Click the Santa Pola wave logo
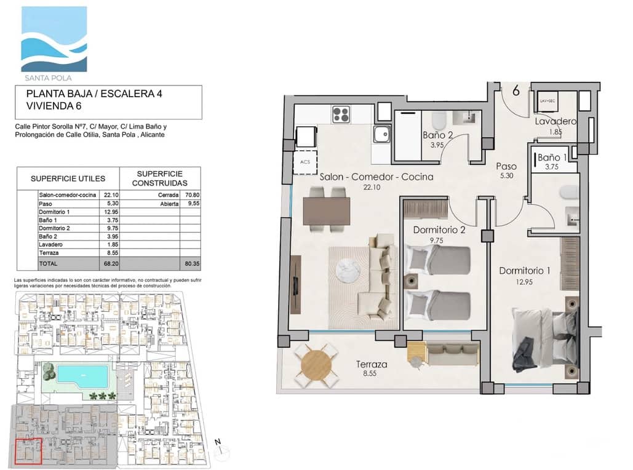pos(54,40)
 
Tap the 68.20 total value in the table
pos(111,263)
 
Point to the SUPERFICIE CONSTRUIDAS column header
pos(161,178)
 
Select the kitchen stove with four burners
pos(341,114)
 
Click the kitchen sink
pos(381,132)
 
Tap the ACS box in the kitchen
pos(306,162)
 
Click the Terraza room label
pos(372,364)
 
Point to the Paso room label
pos(506,166)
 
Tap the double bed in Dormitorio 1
pos(546,339)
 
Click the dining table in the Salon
pos(326,210)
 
